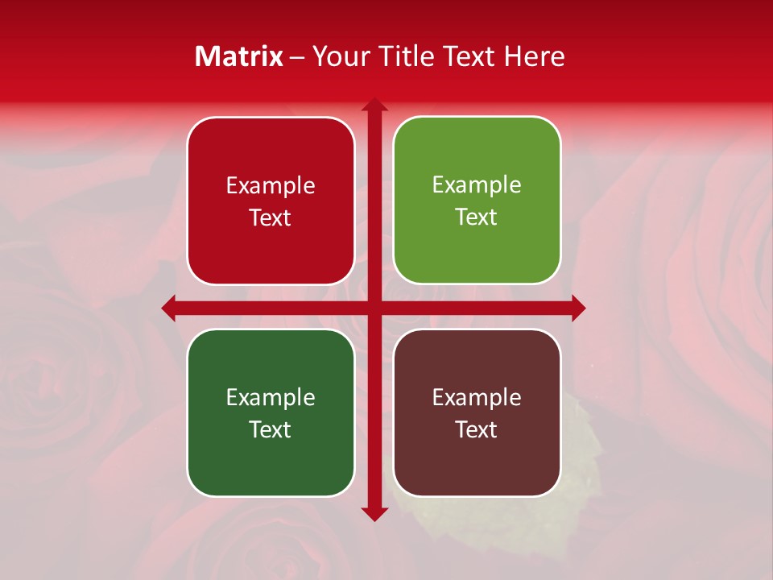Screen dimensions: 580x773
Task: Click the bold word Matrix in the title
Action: click(239, 56)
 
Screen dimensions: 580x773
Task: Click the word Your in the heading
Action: click(338, 56)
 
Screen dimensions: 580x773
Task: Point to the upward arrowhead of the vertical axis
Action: click(374, 105)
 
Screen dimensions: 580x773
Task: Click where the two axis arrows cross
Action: click(374, 308)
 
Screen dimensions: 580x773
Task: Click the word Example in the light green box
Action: click(477, 184)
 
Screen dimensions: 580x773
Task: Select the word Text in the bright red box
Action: click(271, 218)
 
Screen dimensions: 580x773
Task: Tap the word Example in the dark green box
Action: click(271, 397)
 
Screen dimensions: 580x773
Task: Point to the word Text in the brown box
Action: click(477, 429)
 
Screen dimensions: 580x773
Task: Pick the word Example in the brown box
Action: click(477, 397)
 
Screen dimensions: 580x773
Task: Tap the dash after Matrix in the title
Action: click(297, 57)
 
